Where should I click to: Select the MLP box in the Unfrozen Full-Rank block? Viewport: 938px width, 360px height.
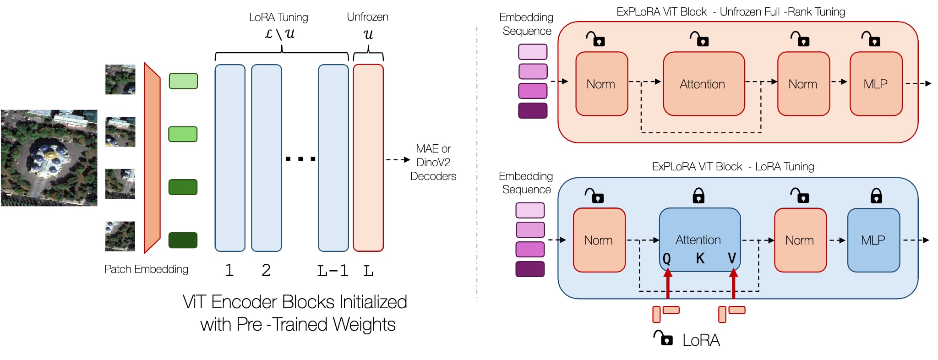[x=876, y=84]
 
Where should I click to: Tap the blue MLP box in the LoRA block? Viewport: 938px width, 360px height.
[x=873, y=240]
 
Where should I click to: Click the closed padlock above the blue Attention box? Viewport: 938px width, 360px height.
[x=698, y=196]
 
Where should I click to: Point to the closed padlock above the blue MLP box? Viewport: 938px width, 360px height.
[x=876, y=196]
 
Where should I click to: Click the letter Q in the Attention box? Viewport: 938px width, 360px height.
[x=667, y=259]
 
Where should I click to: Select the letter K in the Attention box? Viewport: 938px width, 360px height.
[x=700, y=259]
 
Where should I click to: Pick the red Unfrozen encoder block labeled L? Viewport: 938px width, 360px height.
[x=368, y=158]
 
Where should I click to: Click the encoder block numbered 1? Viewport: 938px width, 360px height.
[x=230, y=158]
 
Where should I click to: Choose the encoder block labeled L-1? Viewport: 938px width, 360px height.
[x=333, y=158]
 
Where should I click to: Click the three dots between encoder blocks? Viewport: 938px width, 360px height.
[x=300, y=159]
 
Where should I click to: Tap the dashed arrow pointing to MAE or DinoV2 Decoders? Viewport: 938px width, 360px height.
[x=398, y=160]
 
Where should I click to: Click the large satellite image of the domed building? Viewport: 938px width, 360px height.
[x=49, y=158]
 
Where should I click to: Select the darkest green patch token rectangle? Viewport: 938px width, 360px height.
[x=183, y=240]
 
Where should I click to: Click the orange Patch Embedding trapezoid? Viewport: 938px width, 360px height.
[x=152, y=158]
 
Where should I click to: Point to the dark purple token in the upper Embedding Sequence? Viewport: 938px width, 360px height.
[x=533, y=111]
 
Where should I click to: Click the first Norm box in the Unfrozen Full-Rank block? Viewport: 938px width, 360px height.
[x=601, y=84]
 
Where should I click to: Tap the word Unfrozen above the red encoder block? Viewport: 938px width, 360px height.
[x=367, y=17]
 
